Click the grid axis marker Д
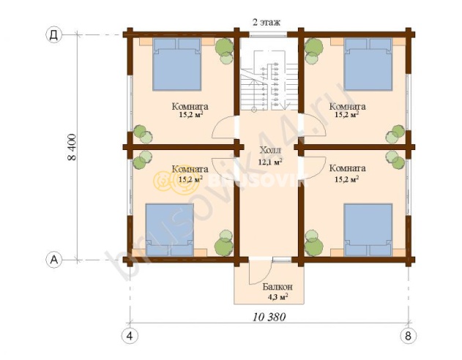coord(54,35)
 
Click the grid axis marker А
coord(54,260)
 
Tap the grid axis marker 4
coord(130,336)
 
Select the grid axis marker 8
coord(408,336)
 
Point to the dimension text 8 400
coord(72,147)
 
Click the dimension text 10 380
coord(269,317)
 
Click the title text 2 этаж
coord(267,22)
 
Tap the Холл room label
coord(270,150)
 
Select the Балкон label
coord(277,286)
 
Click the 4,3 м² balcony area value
coord(277,296)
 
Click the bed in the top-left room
coord(176,64)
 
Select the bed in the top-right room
coord(368,64)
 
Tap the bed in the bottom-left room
coord(170,230)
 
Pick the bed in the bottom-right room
coord(368,230)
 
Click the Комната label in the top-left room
coord(190,106)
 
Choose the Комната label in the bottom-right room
coord(347,168)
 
